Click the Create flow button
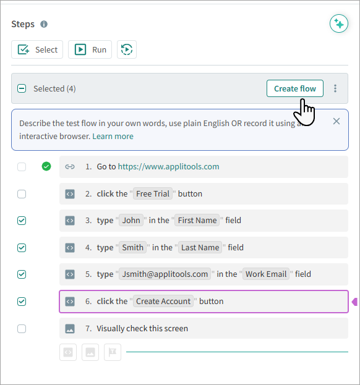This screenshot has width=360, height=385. pyautogui.click(x=294, y=88)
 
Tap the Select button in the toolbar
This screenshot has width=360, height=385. pyautogui.click(x=37, y=49)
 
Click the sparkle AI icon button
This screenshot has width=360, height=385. pyautogui.click(x=339, y=24)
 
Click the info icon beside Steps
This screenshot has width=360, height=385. pyautogui.click(x=44, y=24)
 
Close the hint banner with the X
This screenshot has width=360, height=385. pyautogui.click(x=336, y=121)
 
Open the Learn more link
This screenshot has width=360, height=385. pyautogui.click(x=113, y=137)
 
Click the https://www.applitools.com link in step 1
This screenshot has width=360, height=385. pyautogui.click(x=168, y=166)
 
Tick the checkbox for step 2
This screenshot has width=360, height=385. pyautogui.click(x=22, y=194)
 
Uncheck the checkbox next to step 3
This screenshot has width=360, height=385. pyautogui.click(x=22, y=221)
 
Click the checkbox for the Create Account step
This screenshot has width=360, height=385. pyautogui.click(x=22, y=302)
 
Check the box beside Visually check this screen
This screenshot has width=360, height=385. pyautogui.click(x=22, y=329)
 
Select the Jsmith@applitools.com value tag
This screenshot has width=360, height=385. pyautogui.click(x=165, y=274)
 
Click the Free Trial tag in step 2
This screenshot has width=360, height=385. pyautogui.click(x=153, y=193)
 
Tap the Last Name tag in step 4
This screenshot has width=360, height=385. pyautogui.click(x=200, y=247)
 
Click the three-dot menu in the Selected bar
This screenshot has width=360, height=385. pyautogui.click(x=335, y=88)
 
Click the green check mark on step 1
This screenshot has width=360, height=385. pyautogui.click(x=46, y=166)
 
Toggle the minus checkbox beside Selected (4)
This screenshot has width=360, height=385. pyautogui.click(x=22, y=88)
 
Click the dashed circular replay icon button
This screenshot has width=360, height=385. pyautogui.click(x=127, y=49)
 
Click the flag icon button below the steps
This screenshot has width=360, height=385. pyautogui.click(x=113, y=352)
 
